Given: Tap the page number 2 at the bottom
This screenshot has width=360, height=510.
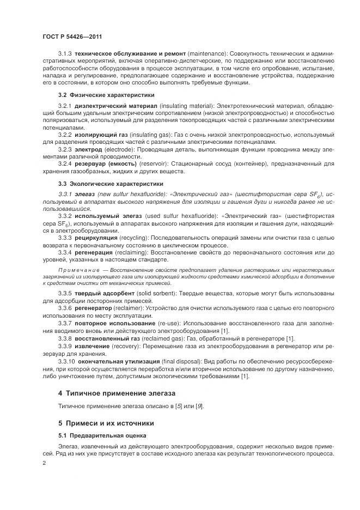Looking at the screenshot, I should (x=44, y=463).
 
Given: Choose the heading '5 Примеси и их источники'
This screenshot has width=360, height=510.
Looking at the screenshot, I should (x=106, y=423).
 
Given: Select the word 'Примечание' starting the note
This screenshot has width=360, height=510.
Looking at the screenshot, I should (x=78, y=270).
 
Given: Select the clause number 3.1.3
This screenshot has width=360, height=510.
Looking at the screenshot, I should (x=65, y=55).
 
